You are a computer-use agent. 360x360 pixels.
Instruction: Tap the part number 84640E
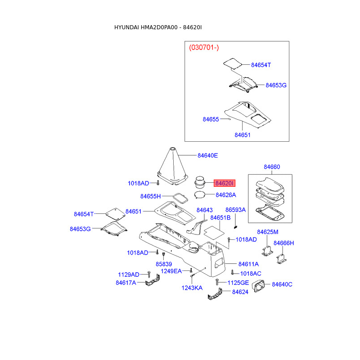coord(207,156)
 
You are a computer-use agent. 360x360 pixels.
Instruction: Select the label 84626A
coord(225,195)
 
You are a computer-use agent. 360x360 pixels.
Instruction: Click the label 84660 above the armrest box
coord(271,167)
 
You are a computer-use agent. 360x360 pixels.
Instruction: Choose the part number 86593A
coord(235,210)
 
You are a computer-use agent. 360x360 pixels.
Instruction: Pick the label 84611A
coord(248,264)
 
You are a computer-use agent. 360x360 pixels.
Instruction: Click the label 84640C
coord(282,284)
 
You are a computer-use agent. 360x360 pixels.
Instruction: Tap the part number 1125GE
coord(238,282)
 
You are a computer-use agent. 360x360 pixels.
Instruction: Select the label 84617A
coord(126,283)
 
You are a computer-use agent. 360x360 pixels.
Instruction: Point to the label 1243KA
coord(192,288)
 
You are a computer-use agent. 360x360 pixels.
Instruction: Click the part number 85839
coord(164,264)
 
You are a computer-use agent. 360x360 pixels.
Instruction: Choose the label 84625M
coord(268,232)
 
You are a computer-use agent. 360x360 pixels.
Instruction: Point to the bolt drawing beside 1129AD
coord(148,274)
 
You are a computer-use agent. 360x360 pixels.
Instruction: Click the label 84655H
coord(150,196)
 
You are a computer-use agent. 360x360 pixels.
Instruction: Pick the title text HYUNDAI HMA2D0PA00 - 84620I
coord(158,27)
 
